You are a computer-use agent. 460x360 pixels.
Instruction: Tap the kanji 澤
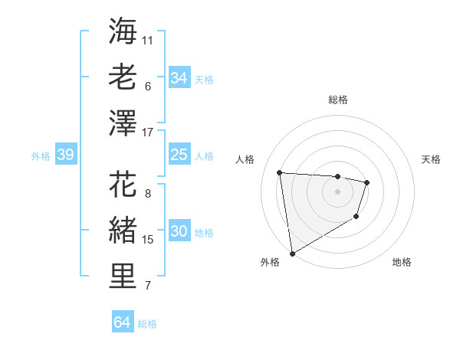click(123, 123)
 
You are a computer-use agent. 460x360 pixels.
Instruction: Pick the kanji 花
click(123, 185)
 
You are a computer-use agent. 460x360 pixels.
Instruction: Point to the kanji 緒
click(123, 231)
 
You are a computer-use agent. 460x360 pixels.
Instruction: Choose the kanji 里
click(123, 278)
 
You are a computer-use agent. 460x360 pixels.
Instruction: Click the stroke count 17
click(149, 133)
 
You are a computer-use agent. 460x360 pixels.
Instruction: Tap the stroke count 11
click(148, 39)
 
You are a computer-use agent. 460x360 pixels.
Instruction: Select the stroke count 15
click(149, 240)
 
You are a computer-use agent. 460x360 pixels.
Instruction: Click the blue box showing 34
click(179, 77)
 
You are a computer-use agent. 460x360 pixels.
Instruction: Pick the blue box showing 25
click(179, 155)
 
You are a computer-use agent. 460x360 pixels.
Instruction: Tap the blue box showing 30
click(179, 232)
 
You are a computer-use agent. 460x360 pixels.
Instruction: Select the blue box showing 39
click(65, 155)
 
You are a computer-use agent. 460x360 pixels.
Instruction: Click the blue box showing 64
click(122, 322)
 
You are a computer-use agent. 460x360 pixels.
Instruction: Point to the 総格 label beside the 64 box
click(147, 324)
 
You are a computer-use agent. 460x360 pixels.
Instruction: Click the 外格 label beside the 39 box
click(41, 156)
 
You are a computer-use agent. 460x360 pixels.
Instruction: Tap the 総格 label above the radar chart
click(338, 100)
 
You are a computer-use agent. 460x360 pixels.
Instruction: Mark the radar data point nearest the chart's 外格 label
click(292, 253)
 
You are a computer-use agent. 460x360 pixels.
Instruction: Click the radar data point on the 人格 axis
click(280, 172)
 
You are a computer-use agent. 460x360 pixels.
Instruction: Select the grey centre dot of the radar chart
click(337, 191)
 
